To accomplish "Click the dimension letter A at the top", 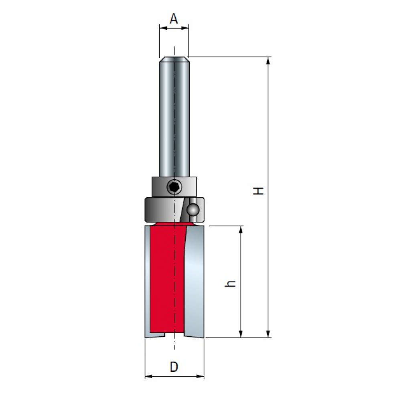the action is (x=174, y=19).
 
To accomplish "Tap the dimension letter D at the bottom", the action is (x=174, y=367).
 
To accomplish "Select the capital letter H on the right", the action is (x=258, y=191).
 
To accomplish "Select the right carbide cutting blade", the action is (x=194, y=282).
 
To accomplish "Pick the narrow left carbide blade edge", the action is (x=148, y=282).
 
